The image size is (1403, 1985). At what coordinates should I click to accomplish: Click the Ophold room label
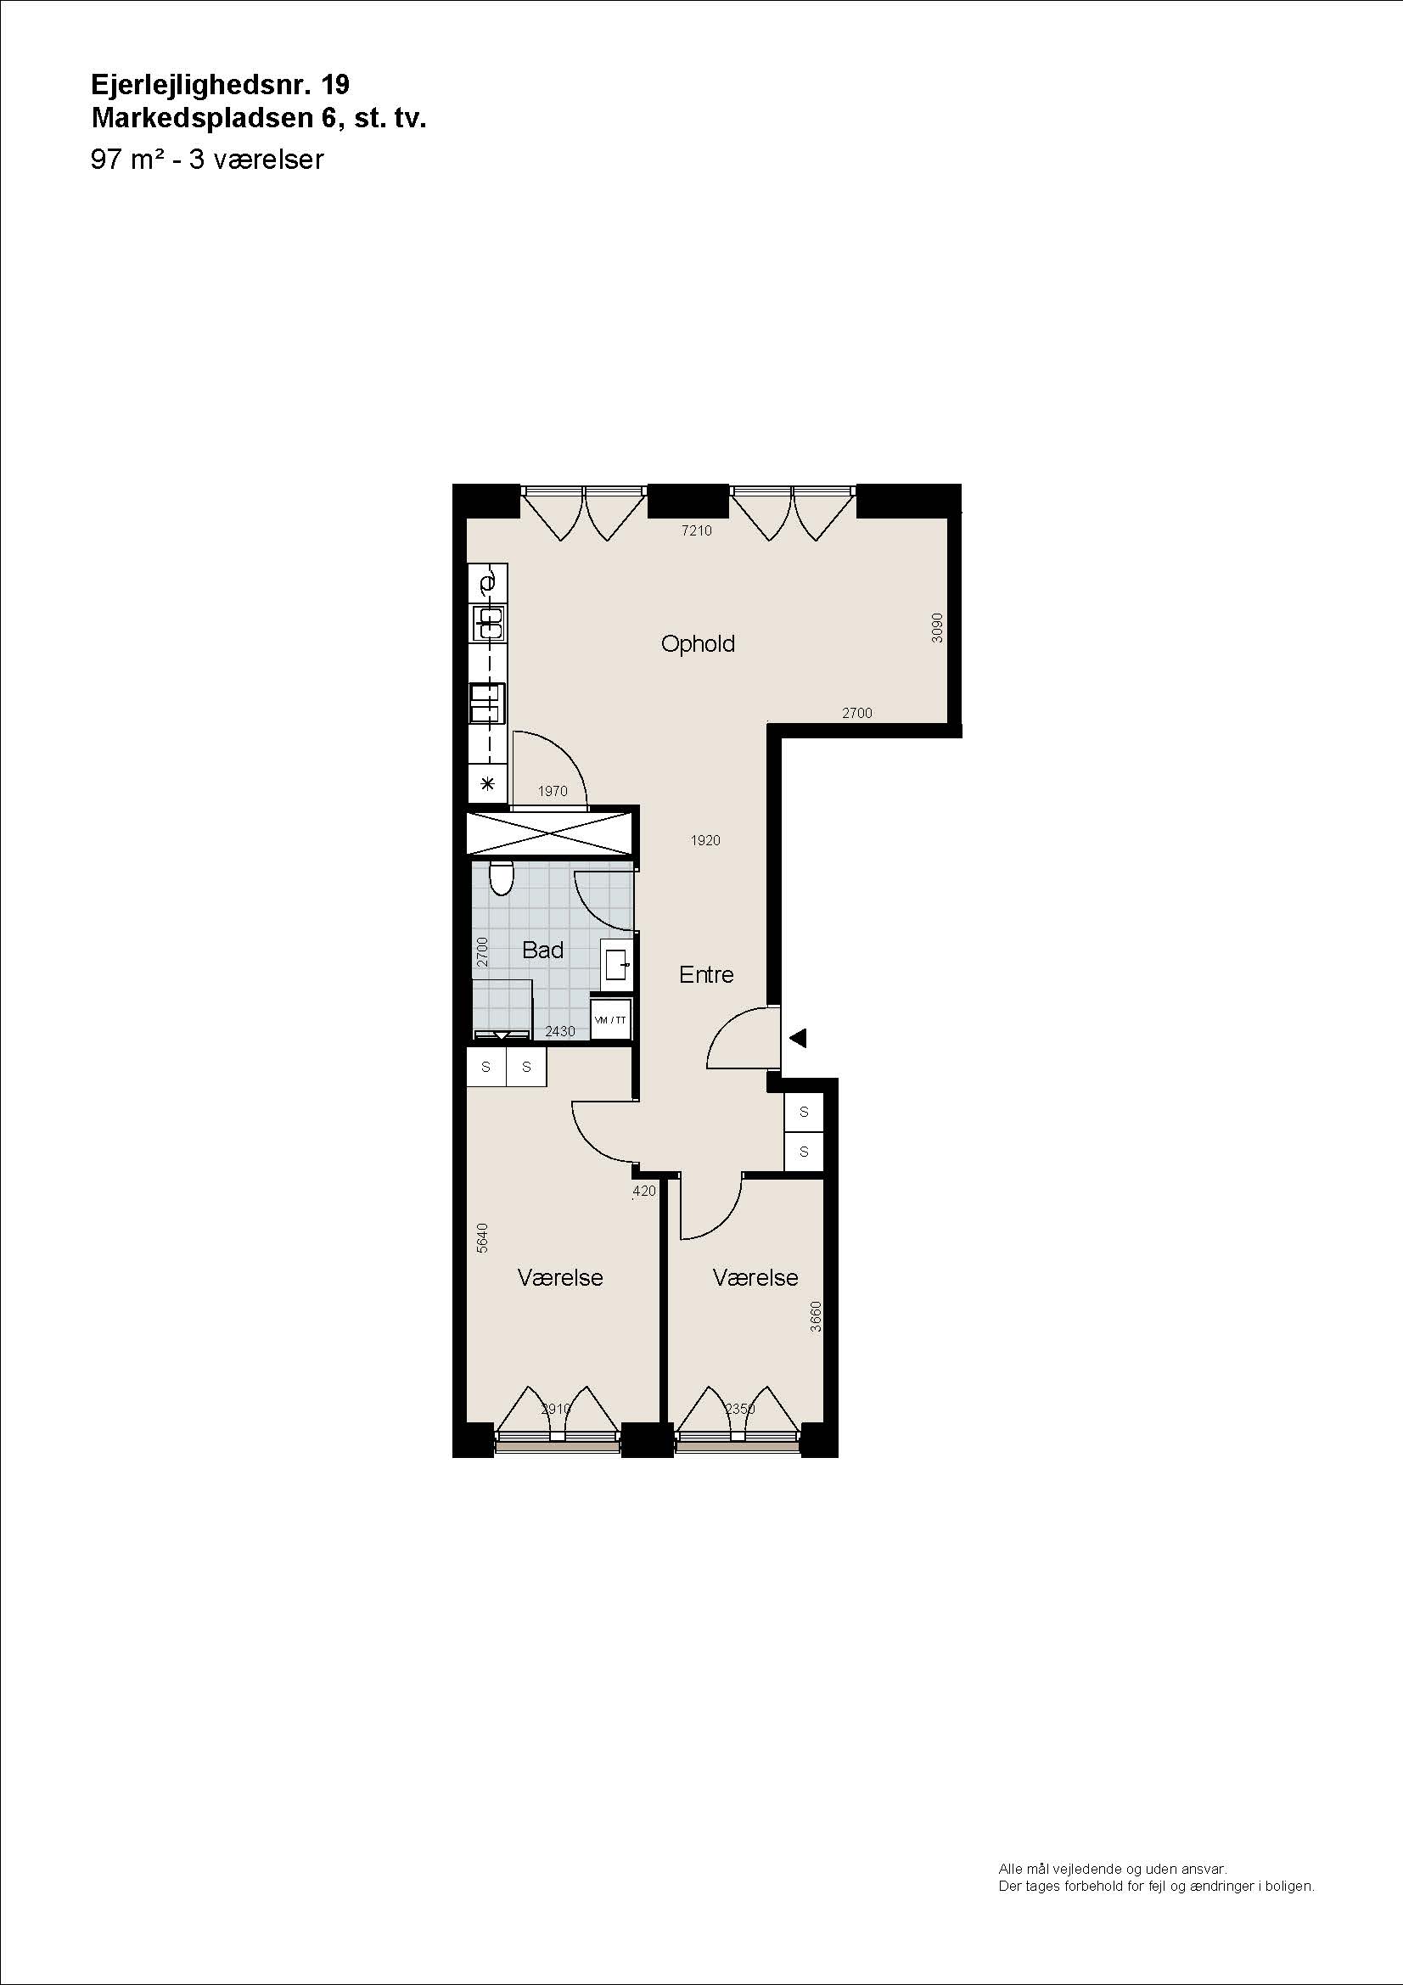pyautogui.click(x=698, y=644)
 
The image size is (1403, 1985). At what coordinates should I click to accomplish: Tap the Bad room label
pyautogui.click(x=543, y=950)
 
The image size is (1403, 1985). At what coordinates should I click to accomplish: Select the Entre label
pyautogui.click(x=706, y=974)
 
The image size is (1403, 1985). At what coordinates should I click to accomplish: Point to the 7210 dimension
pyautogui.click(x=697, y=530)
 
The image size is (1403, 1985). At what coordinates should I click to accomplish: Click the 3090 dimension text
pyautogui.click(x=937, y=628)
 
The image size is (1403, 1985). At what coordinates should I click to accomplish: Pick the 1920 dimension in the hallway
pyautogui.click(x=705, y=840)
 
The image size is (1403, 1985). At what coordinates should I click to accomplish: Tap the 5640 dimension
pyautogui.click(x=482, y=1238)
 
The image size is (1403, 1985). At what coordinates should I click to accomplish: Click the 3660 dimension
pyautogui.click(x=816, y=1317)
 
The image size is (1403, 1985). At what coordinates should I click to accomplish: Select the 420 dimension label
pyautogui.click(x=644, y=1191)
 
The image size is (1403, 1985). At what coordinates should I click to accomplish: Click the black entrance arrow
pyautogui.click(x=798, y=1037)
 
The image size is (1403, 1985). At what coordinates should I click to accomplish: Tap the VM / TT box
pyautogui.click(x=611, y=1020)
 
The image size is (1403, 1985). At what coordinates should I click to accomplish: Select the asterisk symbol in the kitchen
pyautogui.click(x=487, y=784)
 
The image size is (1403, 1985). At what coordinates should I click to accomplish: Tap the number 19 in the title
pyautogui.click(x=335, y=85)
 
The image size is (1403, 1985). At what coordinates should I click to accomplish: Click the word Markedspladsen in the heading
pyautogui.click(x=201, y=118)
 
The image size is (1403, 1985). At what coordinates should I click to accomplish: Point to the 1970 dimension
pyautogui.click(x=553, y=791)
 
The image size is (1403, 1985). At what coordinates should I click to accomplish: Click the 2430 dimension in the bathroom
pyautogui.click(x=560, y=1031)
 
